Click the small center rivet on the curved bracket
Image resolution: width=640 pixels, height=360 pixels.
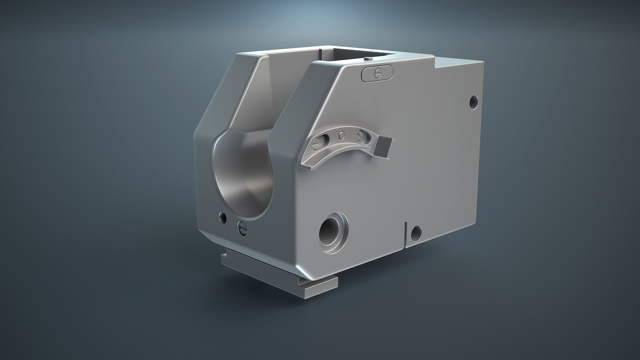342,135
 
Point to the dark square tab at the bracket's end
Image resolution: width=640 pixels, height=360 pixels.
386,147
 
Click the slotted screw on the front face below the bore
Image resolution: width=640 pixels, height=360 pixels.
243,228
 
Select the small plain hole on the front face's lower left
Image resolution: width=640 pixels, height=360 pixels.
222,218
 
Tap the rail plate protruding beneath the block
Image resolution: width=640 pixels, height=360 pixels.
280,277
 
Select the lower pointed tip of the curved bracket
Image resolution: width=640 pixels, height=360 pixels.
304,165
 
